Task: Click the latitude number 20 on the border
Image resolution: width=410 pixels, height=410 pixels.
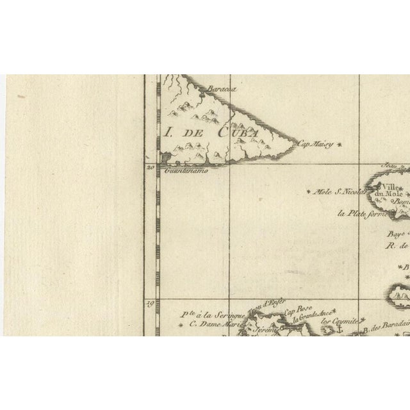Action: (x=150, y=168)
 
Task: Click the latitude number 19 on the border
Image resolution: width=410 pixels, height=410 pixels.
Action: (x=150, y=305)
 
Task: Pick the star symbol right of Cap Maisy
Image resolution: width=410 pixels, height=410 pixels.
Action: (x=339, y=145)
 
